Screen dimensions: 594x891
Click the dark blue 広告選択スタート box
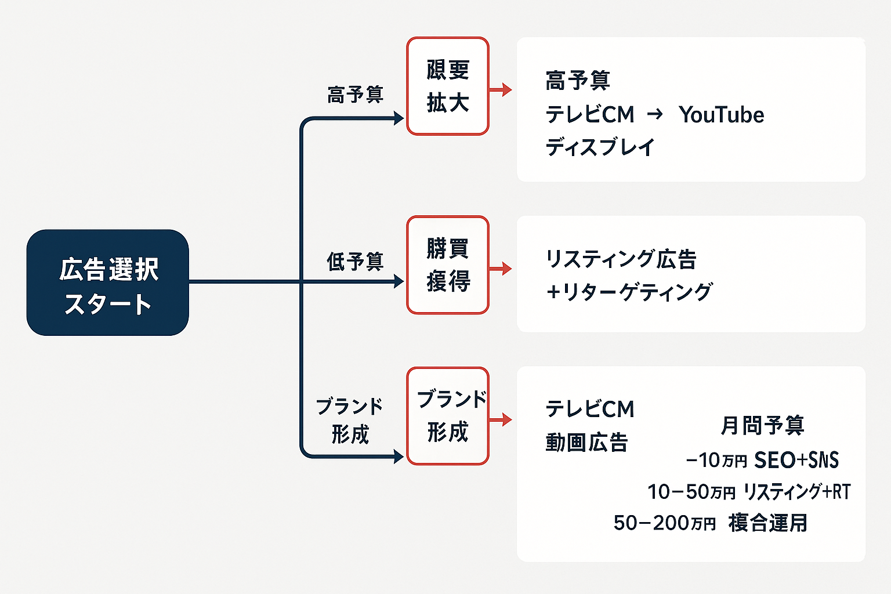click(108, 282)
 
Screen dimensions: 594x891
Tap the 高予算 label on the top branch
click(355, 95)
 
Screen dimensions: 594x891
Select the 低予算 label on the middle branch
click(355, 262)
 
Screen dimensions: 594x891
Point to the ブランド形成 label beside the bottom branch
click(349, 420)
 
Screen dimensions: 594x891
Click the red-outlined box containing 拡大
click(447, 86)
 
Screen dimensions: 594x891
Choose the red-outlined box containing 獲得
click(447, 265)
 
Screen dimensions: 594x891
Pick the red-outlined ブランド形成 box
click(447, 416)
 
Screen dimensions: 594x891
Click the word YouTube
click(721, 115)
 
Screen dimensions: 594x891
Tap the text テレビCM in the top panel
click(590, 115)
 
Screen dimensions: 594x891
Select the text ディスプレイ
click(600, 147)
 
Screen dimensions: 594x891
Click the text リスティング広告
click(621, 259)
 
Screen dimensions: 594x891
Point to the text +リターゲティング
click(629, 292)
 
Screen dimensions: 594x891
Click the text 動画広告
click(586, 443)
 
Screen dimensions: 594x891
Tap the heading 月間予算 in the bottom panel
click(762, 425)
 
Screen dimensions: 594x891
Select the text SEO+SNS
click(796, 460)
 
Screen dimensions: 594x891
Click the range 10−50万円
click(691, 492)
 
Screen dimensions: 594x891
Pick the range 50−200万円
click(665, 523)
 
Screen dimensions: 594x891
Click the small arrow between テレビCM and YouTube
click(655, 114)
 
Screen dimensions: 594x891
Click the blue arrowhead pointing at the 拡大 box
click(399, 118)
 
